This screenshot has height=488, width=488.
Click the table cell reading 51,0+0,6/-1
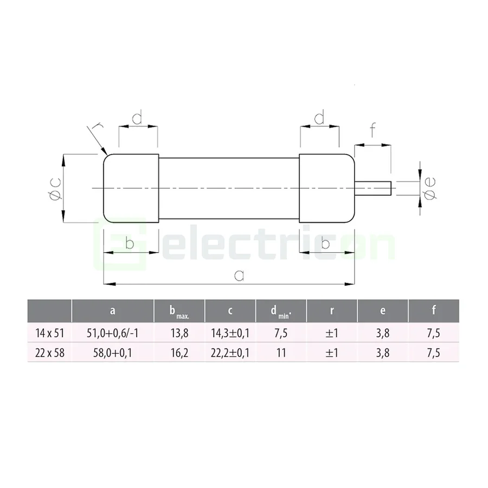113,333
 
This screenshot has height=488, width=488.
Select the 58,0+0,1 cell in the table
113,353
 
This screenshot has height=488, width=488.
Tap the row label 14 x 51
49,333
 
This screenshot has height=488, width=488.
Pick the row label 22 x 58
49,353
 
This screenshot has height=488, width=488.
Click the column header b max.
179,312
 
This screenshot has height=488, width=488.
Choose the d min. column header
281,312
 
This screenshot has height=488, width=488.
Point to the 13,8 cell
179,333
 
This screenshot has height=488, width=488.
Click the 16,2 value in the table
179,353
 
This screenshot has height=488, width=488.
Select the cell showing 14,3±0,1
230,333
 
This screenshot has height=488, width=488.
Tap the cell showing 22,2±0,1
230,353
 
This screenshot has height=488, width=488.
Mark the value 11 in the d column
281,353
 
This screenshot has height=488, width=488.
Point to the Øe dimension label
429,187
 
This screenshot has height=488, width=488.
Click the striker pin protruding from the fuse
373,188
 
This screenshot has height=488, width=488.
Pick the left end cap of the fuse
131,188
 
